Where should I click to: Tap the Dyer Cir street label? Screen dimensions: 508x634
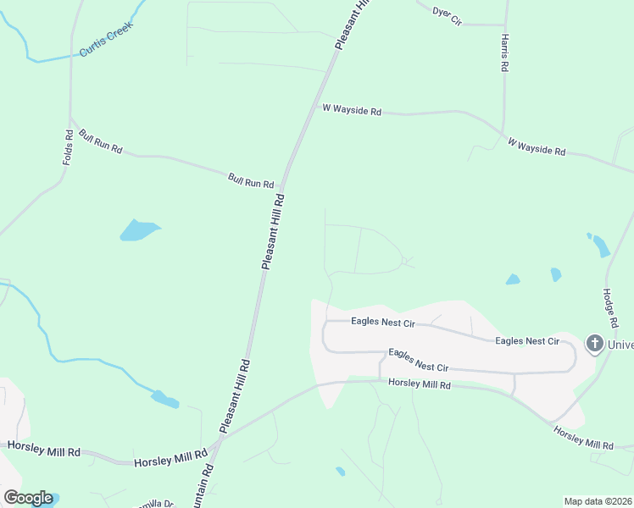pyautogui.click(x=447, y=14)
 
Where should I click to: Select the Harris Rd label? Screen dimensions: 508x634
pyautogui.click(x=504, y=53)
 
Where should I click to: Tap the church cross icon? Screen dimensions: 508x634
pyautogui.click(x=594, y=344)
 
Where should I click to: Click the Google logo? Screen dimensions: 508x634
pyautogui.click(x=28, y=498)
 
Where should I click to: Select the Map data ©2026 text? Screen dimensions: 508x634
pyautogui.click(x=598, y=501)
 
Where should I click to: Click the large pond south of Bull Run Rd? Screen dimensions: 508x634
pyautogui.click(x=138, y=229)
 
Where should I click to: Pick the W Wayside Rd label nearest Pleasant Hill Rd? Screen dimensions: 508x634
pyautogui.click(x=352, y=109)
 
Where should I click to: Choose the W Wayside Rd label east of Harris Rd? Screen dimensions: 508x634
pyautogui.click(x=537, y=146)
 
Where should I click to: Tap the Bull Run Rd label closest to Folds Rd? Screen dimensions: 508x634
pyautogui.click(x=101, y=141)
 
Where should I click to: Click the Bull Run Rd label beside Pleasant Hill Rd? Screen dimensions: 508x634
pyautogui.click(x=251, y=181)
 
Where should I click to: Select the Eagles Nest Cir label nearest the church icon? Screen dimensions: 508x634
pyautogui.click(x=527, y=340)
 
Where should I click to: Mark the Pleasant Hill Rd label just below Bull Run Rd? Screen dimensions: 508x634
pyautogui.click(x=273, y=230)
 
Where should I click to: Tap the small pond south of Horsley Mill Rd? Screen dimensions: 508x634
pyautogui.click(x=340, y=471)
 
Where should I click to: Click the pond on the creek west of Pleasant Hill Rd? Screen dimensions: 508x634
pyautogui.click(x=164, y=399)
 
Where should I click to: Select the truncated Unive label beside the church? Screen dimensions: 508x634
pyautogui.click(x=620, y=344)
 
